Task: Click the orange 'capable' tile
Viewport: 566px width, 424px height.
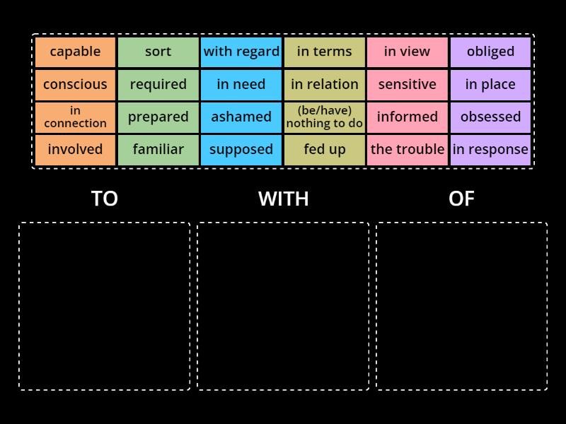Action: (75, 52)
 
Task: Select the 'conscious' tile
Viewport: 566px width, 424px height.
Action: (75, 84)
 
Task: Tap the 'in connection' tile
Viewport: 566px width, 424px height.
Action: (75, 117)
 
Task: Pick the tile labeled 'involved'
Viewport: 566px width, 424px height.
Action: (75, 149)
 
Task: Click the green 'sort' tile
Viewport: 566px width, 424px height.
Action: (158, 52)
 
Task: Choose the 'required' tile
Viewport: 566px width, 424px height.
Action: (158, 84)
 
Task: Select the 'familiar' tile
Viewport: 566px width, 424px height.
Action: (158, 149)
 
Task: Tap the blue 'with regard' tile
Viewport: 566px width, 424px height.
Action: (241, 52)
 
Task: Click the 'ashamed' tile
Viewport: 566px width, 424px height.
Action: (241, 117)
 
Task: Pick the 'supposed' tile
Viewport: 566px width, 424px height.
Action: (241, 149)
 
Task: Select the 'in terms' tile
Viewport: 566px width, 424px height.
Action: (325, 52)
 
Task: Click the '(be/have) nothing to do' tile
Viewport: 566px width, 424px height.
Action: (325, 117)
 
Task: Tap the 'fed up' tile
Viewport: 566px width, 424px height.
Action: (325, 149)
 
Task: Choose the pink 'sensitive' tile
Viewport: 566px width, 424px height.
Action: (408, 84)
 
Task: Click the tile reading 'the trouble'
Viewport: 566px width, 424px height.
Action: (408, 149)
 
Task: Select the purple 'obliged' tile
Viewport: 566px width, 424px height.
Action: (490, 52)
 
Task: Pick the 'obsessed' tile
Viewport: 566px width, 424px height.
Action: (490, 117)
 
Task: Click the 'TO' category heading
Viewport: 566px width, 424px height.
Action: (105, 199)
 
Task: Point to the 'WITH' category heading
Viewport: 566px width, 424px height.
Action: (283, 199)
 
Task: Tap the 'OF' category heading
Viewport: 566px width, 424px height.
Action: (461, 199)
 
